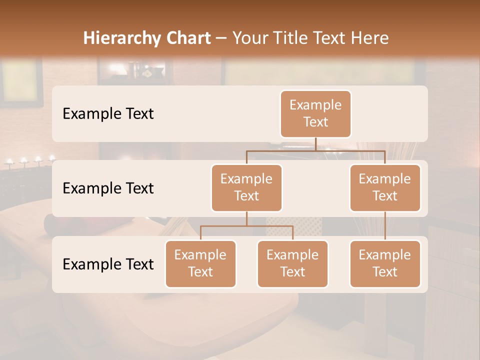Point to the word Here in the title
click(370, 38)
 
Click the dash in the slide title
click(221, 38)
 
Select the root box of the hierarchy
click(315, 114)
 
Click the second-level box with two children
click(246, 188)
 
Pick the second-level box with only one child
click(385, 188)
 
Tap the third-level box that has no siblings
click(385, 264)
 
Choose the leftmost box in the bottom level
click(200, 264)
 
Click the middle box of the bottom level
click(292, 264)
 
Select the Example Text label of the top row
click(108, 114)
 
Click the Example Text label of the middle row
click(108, 188)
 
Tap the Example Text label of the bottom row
click(108, 264)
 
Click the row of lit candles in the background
click(30, 160)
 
